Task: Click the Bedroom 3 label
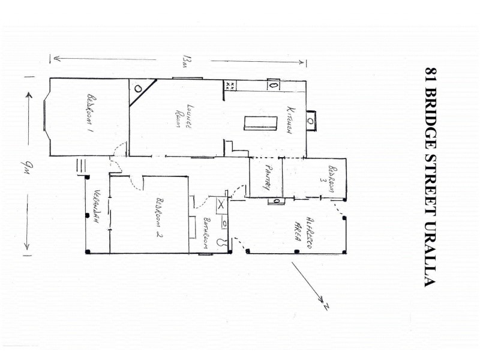[328, 178]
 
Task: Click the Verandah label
[95, 208]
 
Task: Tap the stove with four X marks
[230, 85]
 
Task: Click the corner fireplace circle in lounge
[139, 88]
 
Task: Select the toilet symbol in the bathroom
[223, 244]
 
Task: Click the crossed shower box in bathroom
[221, 204]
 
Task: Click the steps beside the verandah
[81, 166]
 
